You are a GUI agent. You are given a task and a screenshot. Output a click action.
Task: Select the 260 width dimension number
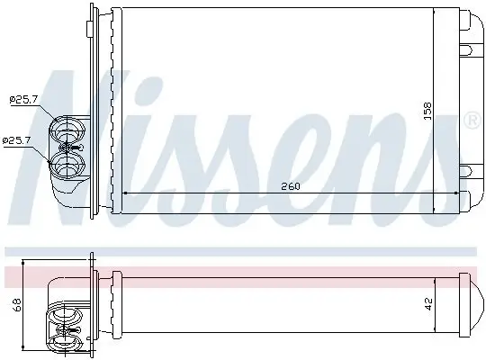pyautogui.click(x=289, y=186)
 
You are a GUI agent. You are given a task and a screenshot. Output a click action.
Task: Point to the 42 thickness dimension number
pyautogui.click(x=430, y=303)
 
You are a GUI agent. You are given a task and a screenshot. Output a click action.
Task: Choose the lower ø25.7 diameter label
pyautogui.click(x=17, y=140)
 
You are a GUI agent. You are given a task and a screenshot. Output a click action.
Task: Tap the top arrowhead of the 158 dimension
pyautogui.click(x=436, y=11)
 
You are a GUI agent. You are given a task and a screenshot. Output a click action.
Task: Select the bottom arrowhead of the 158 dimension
pyautogui.click(x=436, y=209)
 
